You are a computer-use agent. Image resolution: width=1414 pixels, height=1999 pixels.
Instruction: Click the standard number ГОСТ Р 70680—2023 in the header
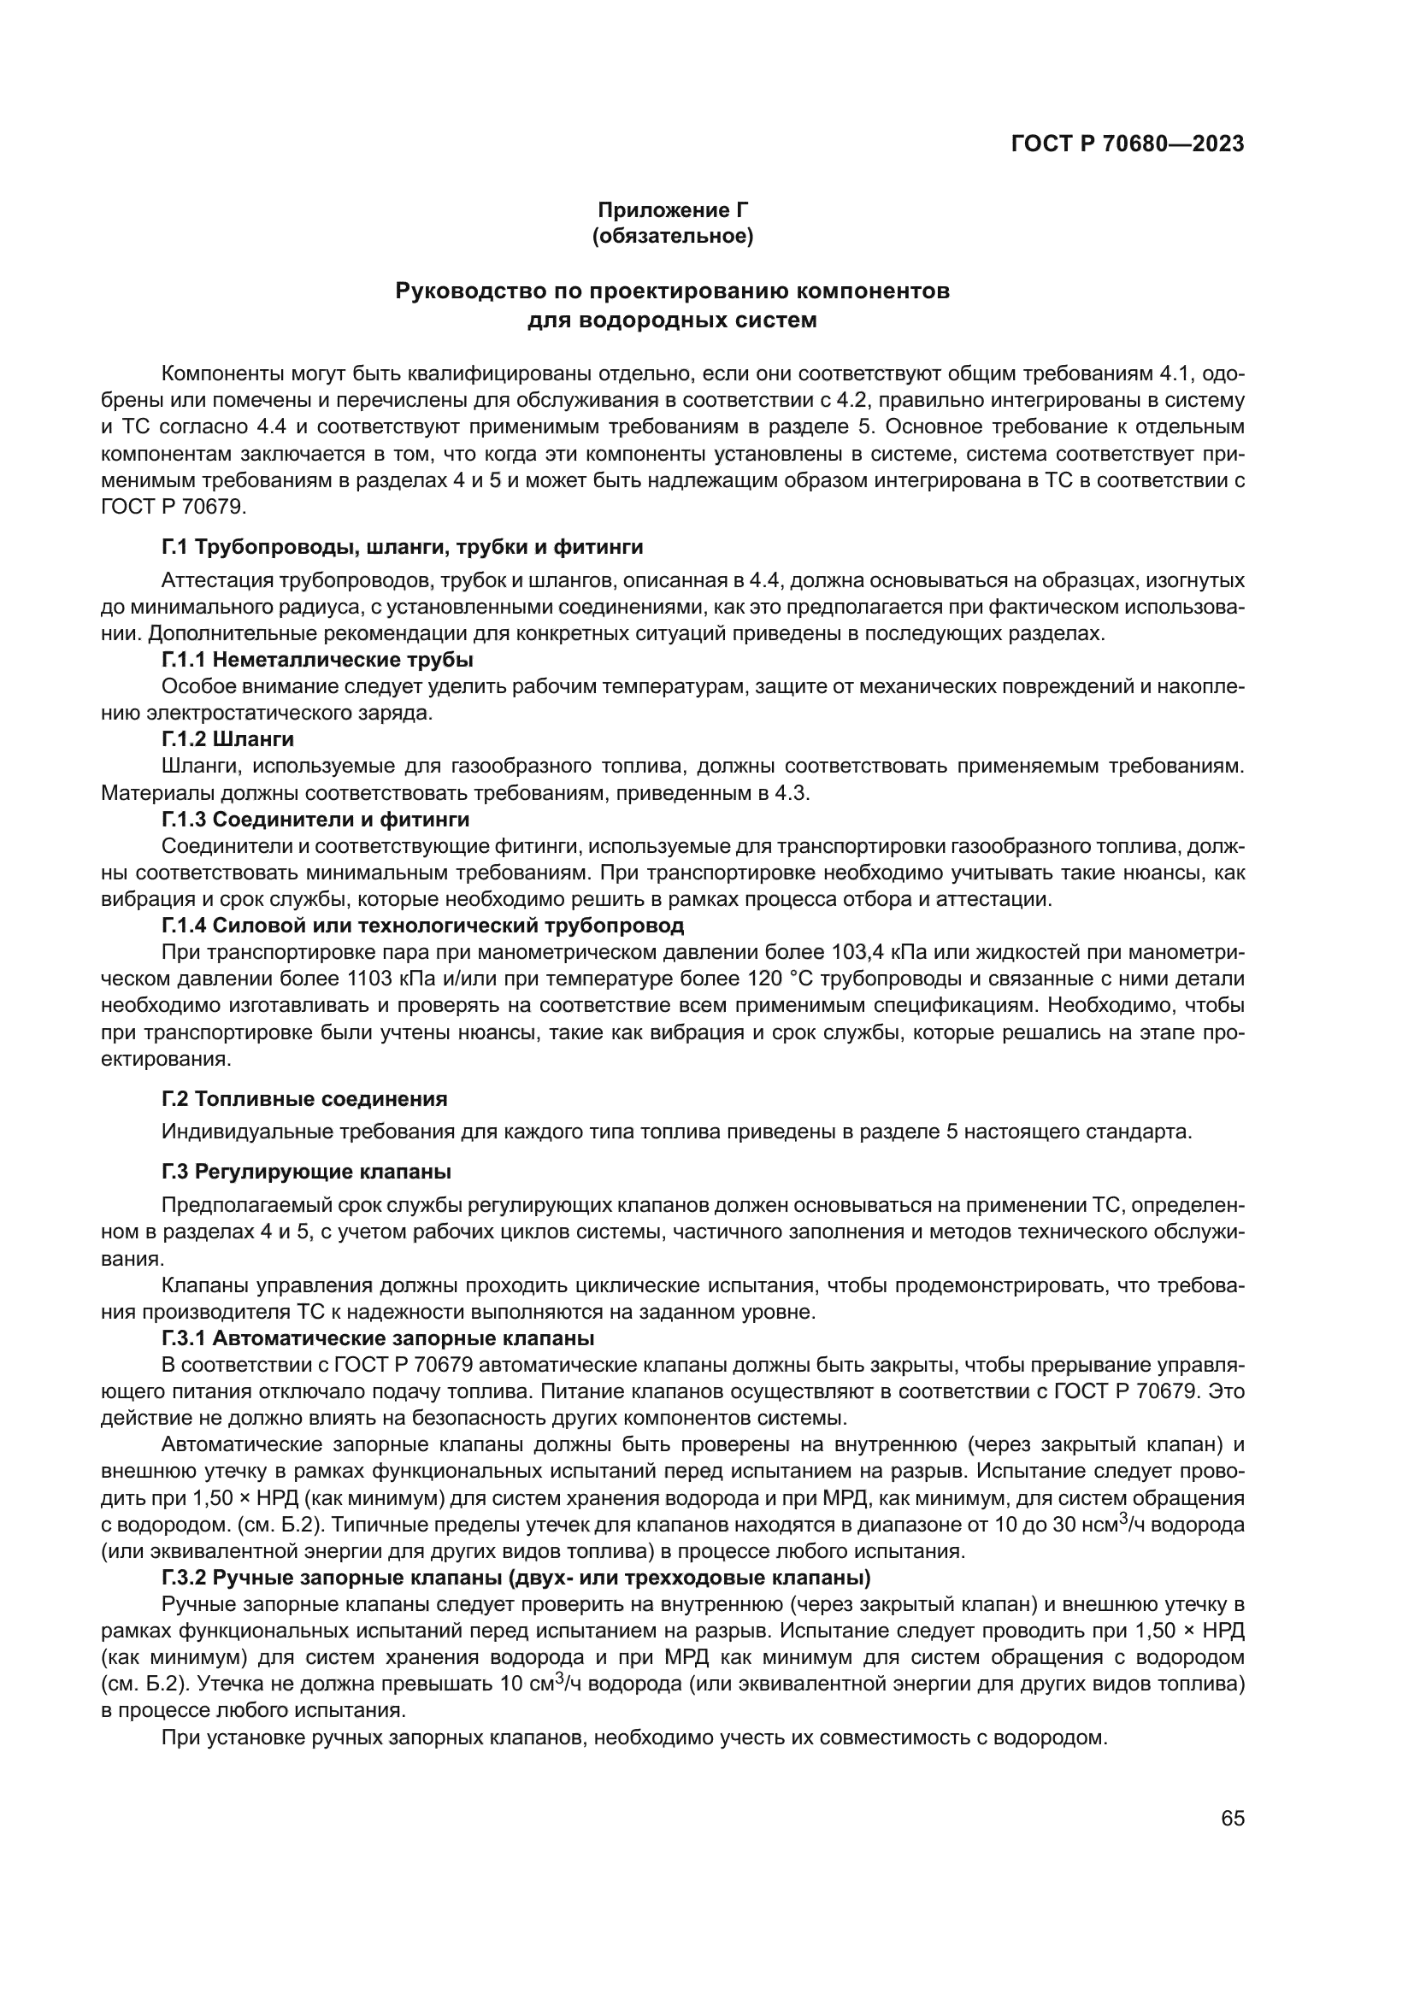(1128, 144)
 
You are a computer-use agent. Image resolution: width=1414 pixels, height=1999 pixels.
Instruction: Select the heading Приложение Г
(672, 210)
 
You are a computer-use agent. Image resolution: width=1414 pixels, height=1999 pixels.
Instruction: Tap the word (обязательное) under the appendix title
(672, 236)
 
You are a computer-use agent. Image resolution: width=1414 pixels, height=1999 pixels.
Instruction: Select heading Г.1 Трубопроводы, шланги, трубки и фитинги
(403, 547)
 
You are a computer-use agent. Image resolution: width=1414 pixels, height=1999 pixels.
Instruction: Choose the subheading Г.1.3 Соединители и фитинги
(315, 820)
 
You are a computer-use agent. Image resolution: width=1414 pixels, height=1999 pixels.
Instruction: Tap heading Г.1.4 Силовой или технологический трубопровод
(422, 925)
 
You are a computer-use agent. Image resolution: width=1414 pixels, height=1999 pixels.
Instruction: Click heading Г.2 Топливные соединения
(304, 1099)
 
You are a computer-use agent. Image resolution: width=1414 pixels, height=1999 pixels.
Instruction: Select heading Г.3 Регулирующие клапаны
(307, 1172)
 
